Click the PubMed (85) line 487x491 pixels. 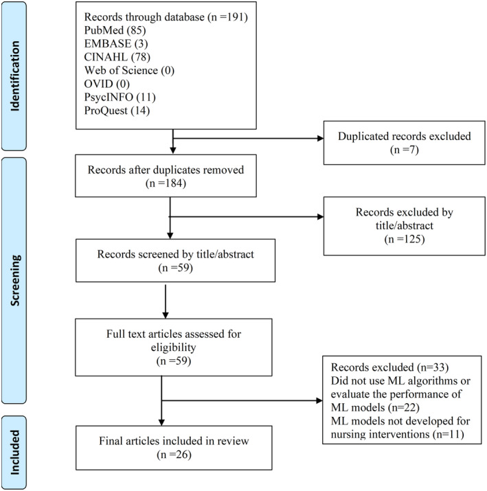[115, 30]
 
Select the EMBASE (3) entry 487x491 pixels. [116, 43]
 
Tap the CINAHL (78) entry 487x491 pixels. [117, 57]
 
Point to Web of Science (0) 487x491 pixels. [129, 71]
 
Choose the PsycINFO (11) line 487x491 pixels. [120, 97]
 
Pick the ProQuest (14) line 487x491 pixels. [117, 111]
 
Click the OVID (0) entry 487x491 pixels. [106, 84]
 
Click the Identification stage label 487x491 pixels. [14, 76]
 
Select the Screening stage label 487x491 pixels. [14, 280]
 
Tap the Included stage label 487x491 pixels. [14, 453]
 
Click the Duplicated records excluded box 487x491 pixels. [405, 143]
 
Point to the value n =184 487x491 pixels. [166, 183]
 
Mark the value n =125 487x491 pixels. [405, 239]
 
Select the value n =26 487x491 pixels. [174, 455]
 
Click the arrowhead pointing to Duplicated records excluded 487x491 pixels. [320, 139]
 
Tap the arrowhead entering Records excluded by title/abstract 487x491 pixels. [320, 217]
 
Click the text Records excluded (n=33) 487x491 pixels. [389, 367]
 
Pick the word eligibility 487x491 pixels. [174, 347]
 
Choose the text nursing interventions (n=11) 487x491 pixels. [398, 434]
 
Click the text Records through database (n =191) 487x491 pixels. [166, 16]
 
